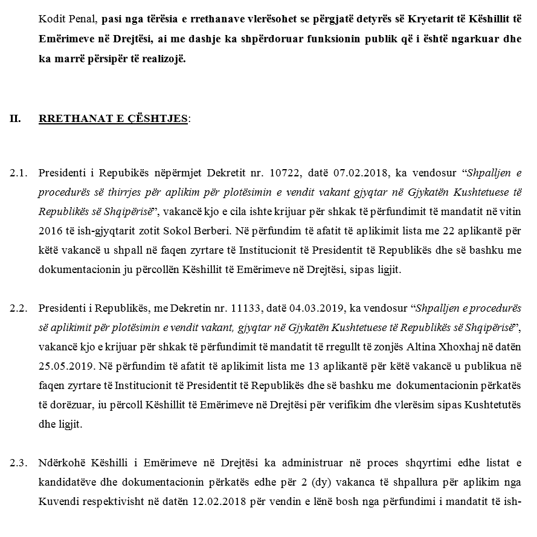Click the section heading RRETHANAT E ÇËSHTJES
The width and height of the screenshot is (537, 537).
coord(113,118)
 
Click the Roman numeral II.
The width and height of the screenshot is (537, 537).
coord(15,118)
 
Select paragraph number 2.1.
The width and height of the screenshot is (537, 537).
coord(19,173)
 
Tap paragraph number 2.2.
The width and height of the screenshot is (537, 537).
coord(19,308)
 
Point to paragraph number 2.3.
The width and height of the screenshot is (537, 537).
coord(19,463)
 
